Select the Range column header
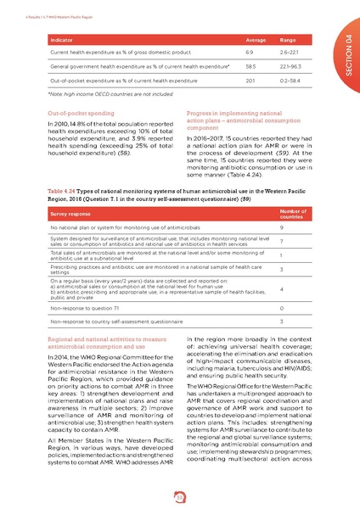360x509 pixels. (298, 39)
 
